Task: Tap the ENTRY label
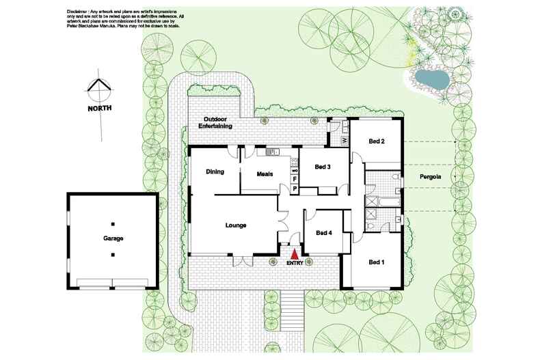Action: (295, 262)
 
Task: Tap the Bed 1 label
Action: (377, 262)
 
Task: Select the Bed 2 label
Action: (377, 141)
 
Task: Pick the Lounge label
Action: (236, 225)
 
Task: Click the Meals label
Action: (265, 174)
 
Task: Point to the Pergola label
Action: (431, 176)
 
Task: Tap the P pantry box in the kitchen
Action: (295, 188)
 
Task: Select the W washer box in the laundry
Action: (344, 141)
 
